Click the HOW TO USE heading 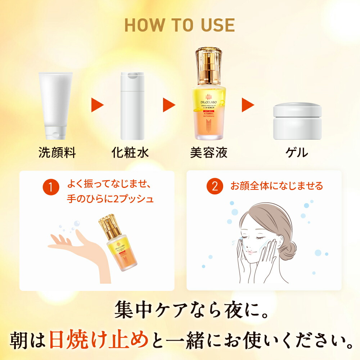tap(180, 24)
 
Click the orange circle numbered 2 tap(215, 187)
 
